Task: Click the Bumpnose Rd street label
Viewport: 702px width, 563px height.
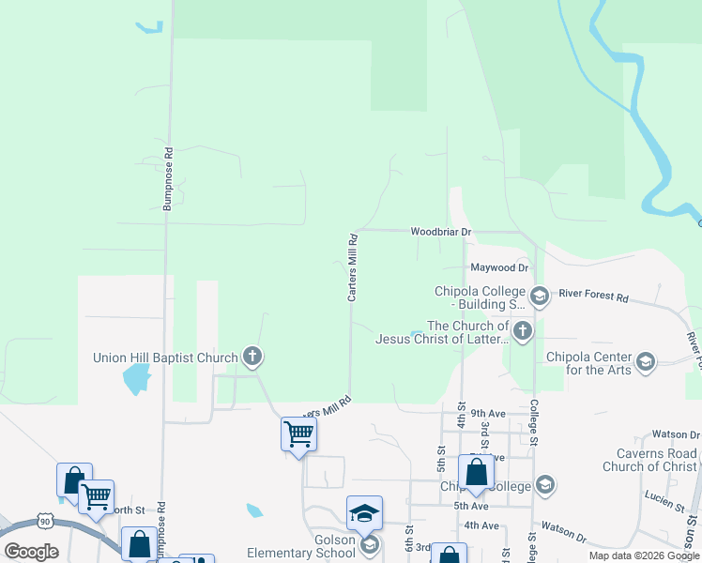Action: point(168,177)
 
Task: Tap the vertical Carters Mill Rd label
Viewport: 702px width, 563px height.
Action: point(353,267)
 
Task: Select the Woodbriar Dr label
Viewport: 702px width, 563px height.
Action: point(440,231)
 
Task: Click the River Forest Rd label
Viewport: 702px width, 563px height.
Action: point(593,296)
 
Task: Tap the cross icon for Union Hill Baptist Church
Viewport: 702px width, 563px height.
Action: point(252,357)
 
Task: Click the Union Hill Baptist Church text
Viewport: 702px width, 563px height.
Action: point(166,358)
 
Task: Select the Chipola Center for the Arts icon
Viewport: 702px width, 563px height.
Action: point(645,361)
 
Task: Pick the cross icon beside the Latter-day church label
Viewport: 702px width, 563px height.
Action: point(523,329)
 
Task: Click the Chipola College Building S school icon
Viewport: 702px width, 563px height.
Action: point(540,297)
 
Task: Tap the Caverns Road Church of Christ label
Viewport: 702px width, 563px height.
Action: point(649,460)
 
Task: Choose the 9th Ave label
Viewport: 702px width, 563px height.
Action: point(488,413)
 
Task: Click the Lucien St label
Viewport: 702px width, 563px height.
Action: point(663,495)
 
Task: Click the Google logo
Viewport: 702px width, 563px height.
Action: point(31,552)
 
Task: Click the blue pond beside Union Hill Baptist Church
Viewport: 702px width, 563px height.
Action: point(136,379)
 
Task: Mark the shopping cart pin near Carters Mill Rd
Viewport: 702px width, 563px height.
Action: point(298,434)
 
